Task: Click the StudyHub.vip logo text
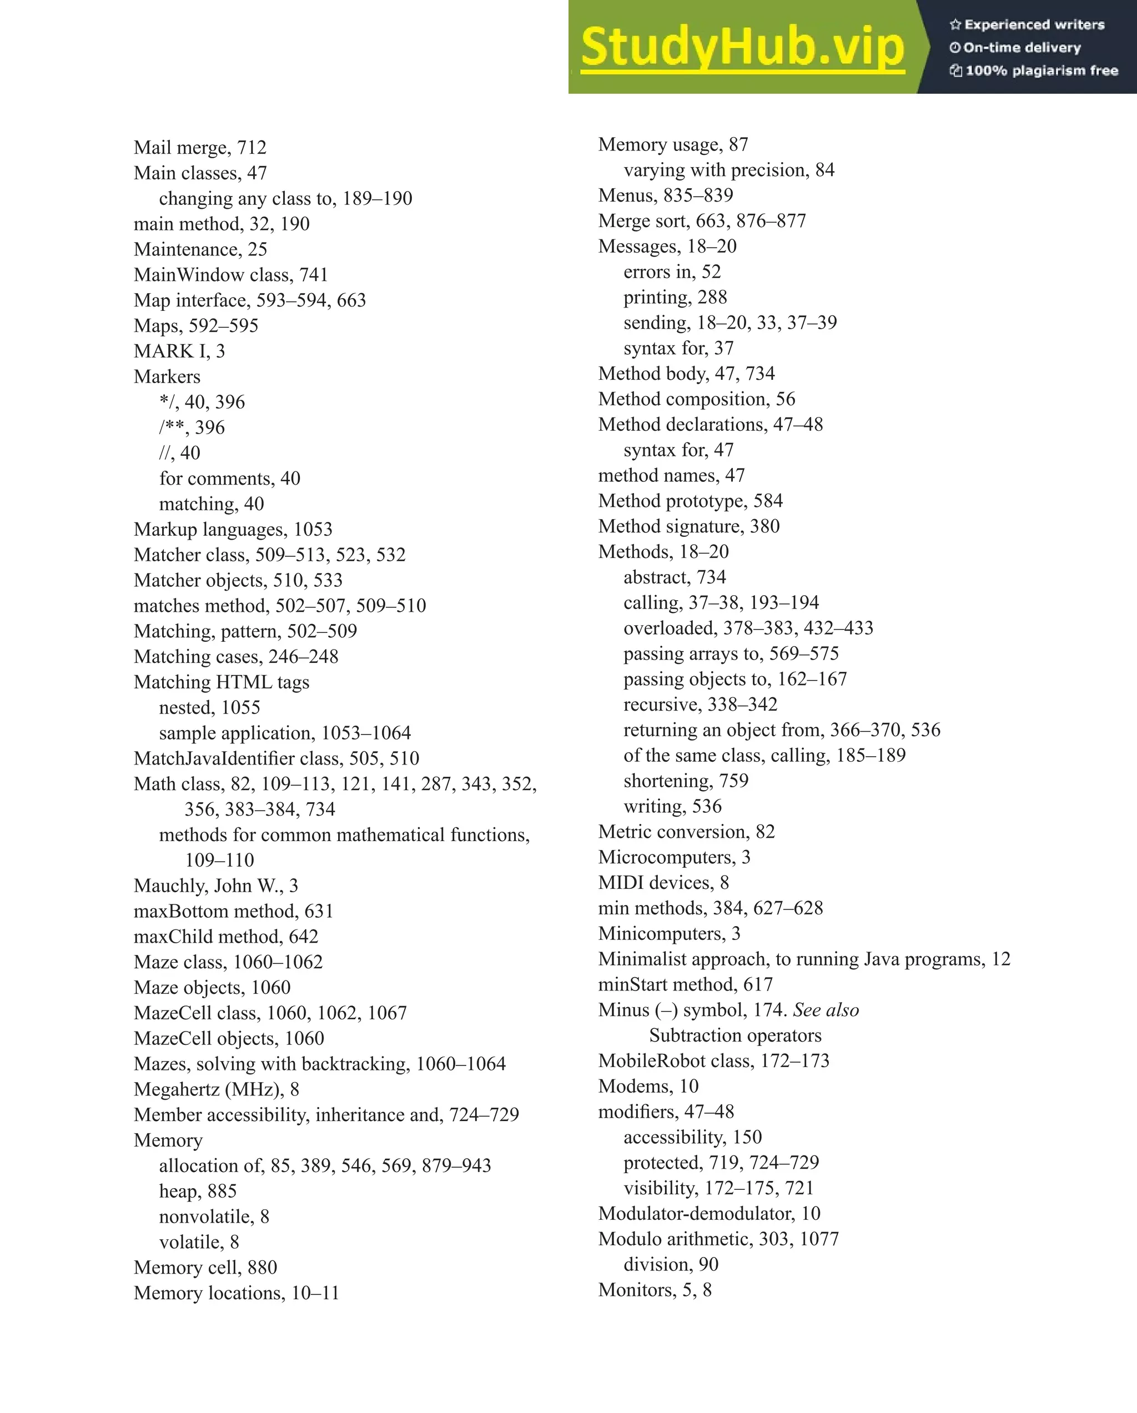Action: point(742,47)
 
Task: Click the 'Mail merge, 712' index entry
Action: point(200,148)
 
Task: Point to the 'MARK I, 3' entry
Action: point(179,351)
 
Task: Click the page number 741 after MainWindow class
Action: point(313,275)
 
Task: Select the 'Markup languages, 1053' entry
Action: point(233,529)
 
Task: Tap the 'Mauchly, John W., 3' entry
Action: point(215,886)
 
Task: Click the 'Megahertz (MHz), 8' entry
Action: point(217,1089)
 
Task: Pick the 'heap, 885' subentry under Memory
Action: point(197,1191)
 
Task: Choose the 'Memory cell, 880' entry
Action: point(205,1268)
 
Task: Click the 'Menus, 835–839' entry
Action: point(665,195)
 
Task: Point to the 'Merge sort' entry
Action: point(702,221)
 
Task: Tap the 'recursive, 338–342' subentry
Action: point(700,705)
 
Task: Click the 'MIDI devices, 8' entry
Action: point(663,883)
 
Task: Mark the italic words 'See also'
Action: point(826,1010)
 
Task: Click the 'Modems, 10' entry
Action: point(648,1086)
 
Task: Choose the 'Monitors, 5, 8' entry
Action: point(655,1290)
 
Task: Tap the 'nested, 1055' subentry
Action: point(209,707)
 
